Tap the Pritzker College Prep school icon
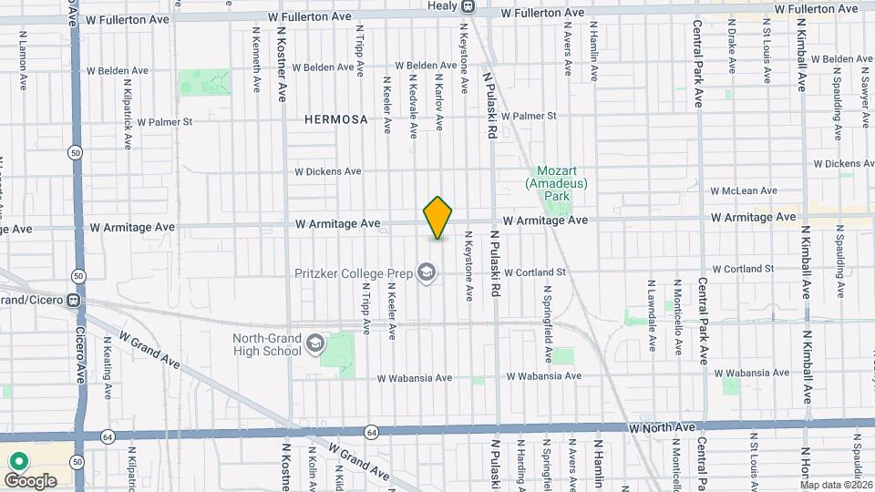pyautogui.click(x=426, y=272)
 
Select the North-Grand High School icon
pyautogui.click(x=315, y=344)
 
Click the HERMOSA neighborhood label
pyautogui.click(x=336, y=119)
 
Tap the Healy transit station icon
pyautogui.click(x=467, y=6)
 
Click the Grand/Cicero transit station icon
pyautogui.click(x=83, y=300)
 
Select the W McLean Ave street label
pyautogui.click(x=744, y=190)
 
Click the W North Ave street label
pyautogui.click(x=662, y=426)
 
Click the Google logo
pyautogui.click(x=30, y=480)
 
